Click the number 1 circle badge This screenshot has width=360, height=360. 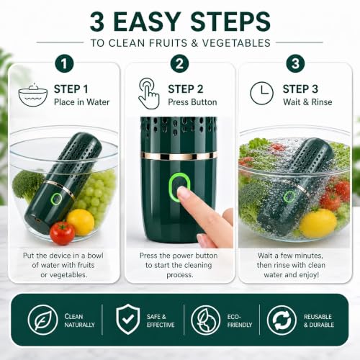tap(64, 63)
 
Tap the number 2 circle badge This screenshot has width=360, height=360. tap(180, 63)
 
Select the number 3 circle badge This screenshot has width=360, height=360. tap(295, 63)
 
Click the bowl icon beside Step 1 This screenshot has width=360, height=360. tap(33, 95)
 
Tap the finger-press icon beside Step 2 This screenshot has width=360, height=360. tap(149, 94)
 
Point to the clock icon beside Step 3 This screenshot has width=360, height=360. tap(261, 93)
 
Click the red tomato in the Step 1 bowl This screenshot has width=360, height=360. tap(62, 233)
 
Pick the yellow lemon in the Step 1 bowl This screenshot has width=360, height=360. tap(81, 222)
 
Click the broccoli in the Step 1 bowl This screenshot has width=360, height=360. tap(27, 184)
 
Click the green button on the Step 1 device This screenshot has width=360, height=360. tap(56, 199)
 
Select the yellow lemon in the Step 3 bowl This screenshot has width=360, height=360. tap(318, 224)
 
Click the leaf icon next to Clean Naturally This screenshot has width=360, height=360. tap(42, 320)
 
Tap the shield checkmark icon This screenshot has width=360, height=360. tap(128, 319)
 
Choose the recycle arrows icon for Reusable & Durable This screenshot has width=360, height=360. tap(282, 320)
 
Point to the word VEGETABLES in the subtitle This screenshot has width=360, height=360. tap(236, 43)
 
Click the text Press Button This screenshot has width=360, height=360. tap(192, 102)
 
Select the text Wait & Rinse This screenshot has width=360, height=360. tap(307, 102)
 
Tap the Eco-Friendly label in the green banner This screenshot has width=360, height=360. tap(240, 320)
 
